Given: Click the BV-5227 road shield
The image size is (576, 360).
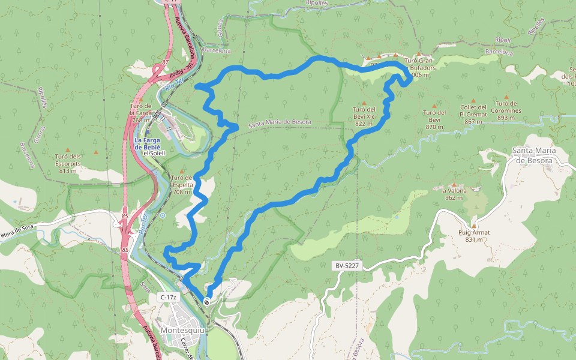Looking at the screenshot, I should pyautogui.click(x=345, y=265).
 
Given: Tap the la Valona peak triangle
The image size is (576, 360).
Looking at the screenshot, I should pyautogui.click(x=454, y=185).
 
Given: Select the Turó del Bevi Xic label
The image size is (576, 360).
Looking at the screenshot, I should pyautogui.click(x=364, y=116).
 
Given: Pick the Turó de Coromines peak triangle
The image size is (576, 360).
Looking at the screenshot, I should pyautogui.click(x=506, y=97).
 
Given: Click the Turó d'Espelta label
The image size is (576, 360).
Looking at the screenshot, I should pyautogui.click(x=182, y=185).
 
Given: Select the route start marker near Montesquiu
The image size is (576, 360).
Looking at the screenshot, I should pyautogui.click(x=207, y=302).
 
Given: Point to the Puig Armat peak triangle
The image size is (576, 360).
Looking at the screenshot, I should pyautogui.click(x=473, y=226).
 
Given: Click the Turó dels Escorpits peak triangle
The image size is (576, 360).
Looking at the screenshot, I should pyautogui.click(x=67, y=149).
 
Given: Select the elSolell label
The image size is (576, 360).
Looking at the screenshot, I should pyautogui.click(x=154, y=153).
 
